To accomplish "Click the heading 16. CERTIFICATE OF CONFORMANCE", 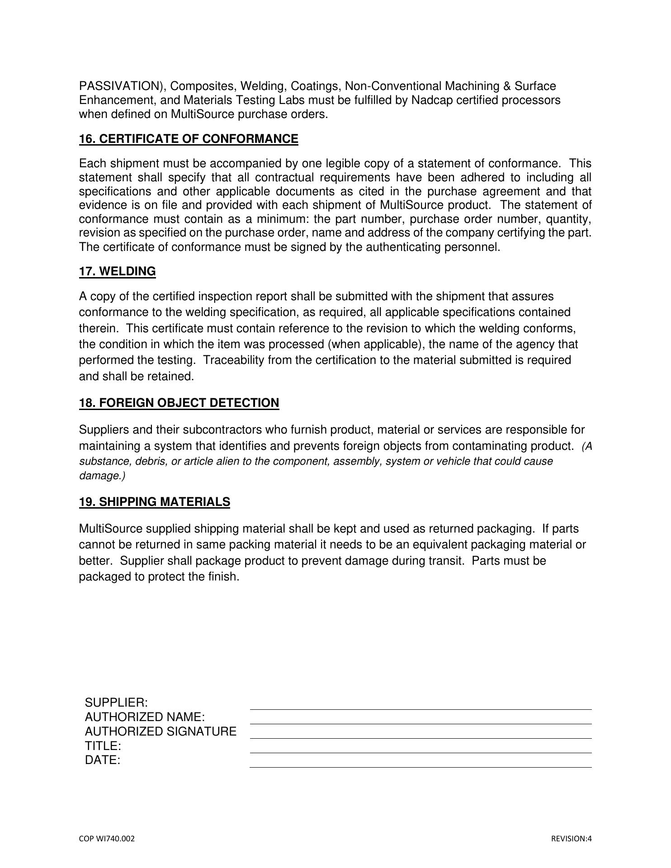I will (189, 139).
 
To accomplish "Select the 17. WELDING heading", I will (117, 271).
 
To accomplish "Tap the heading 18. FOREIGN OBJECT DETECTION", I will (179, 403).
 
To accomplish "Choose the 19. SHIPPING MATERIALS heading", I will (154, 502).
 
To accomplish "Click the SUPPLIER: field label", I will (116, 703).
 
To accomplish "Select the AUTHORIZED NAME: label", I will (145, 717).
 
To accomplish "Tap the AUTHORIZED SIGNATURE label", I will (161, 731).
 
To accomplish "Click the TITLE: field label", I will (103, 746).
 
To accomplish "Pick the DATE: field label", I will (103, 760).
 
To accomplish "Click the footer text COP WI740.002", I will (107, 839).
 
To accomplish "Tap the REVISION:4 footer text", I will (571, 839).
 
